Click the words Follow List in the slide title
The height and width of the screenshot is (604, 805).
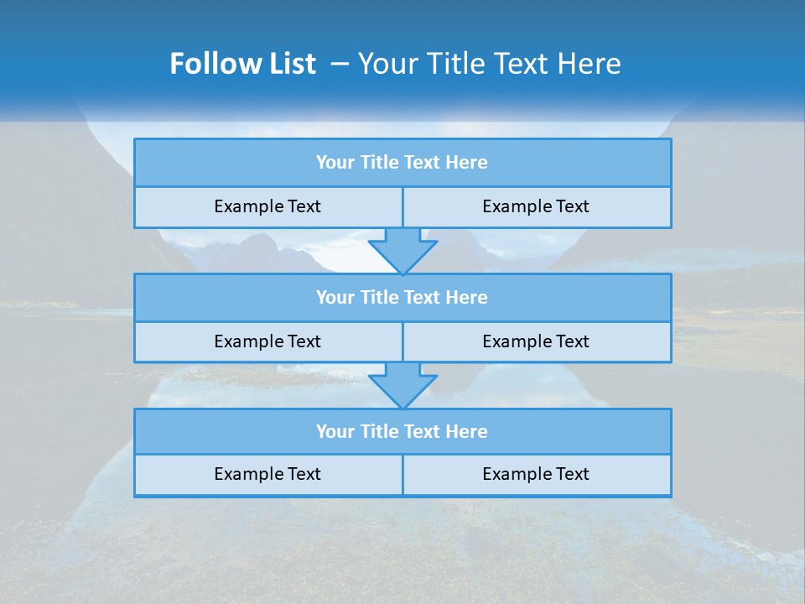242,64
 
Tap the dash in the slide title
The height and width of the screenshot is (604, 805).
340,64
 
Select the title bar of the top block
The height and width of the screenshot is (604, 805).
402,163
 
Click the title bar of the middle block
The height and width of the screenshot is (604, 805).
402,298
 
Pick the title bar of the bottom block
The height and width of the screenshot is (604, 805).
402,432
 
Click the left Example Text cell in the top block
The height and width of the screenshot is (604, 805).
267,207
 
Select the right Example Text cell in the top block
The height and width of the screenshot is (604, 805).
537,207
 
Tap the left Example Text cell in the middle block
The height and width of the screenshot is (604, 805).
267,342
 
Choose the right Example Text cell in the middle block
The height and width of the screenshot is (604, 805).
537,342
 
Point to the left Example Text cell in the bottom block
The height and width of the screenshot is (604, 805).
267,475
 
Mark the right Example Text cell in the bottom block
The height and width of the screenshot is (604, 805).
537,475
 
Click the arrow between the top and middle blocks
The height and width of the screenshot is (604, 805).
402,251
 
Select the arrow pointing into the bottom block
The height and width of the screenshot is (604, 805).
402,386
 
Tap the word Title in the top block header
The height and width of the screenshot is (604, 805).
379,163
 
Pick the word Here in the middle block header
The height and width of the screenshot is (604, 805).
466,298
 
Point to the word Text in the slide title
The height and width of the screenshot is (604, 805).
520,64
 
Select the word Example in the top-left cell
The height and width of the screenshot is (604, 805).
248,207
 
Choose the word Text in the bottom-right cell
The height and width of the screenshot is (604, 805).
572,475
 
